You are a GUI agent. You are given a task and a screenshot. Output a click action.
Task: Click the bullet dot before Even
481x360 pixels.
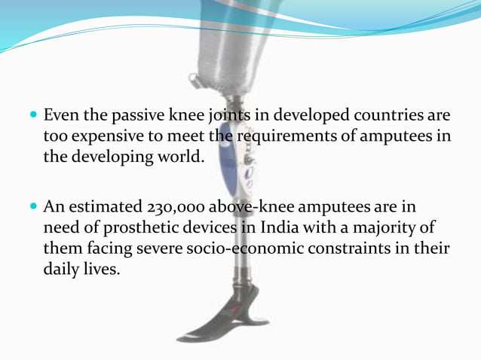pos(35,117)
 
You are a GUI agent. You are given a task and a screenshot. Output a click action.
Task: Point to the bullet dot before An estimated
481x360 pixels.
pos(35,206)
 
